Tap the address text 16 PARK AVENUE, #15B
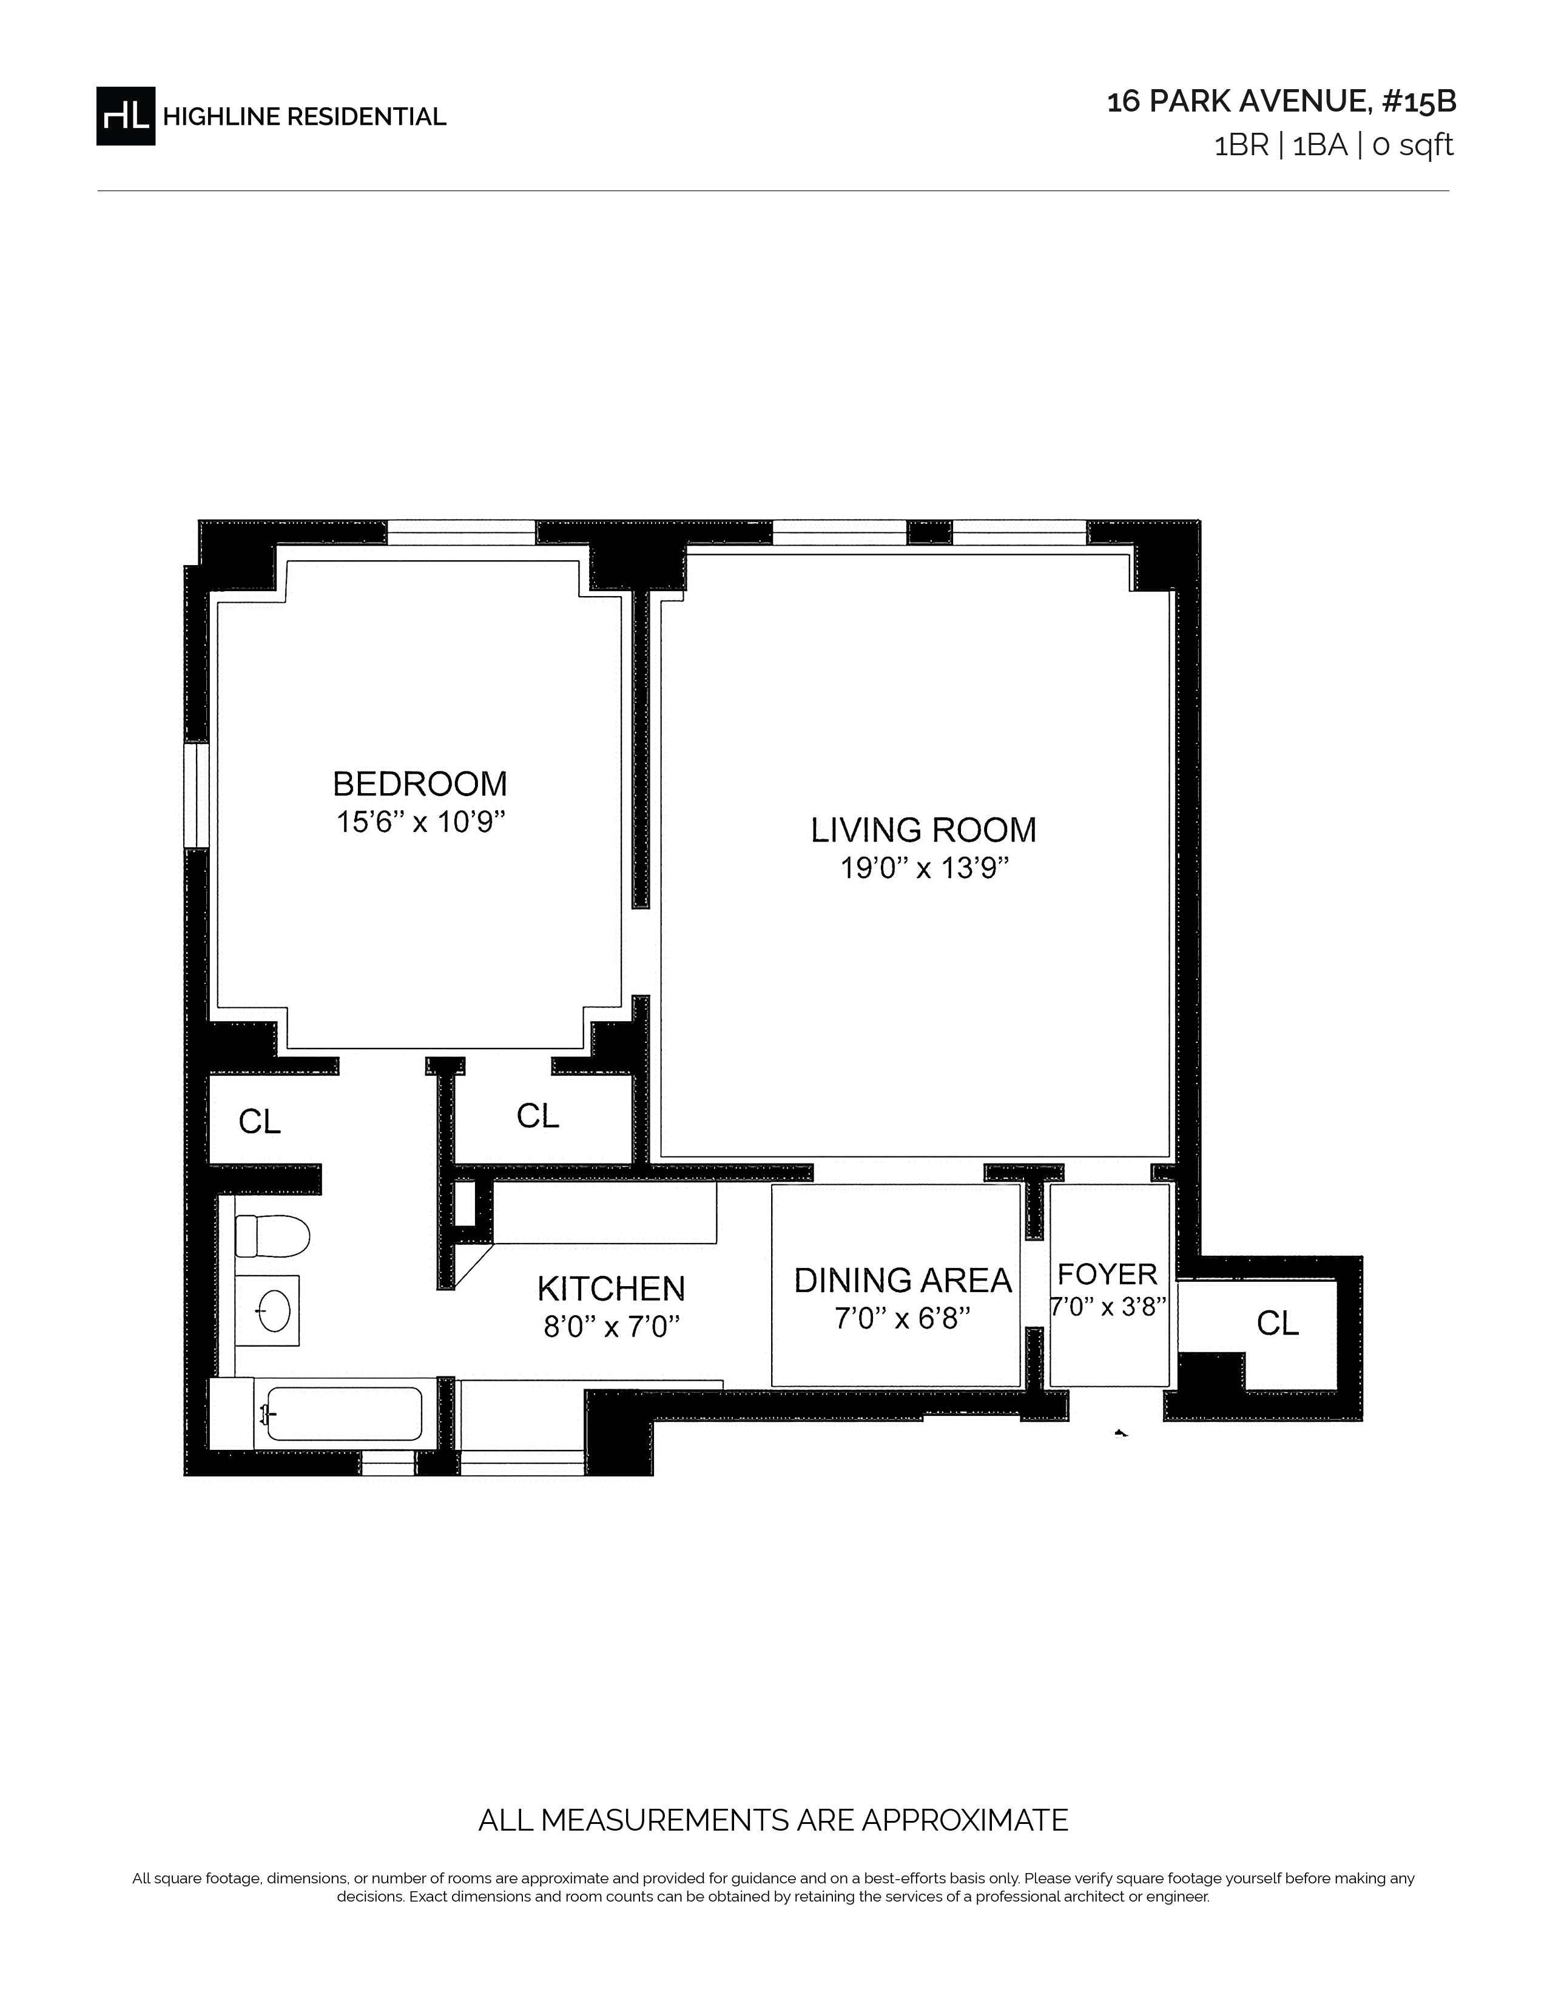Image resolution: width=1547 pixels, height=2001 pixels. coord(1281,102)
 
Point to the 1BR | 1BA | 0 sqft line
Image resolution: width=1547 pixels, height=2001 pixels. coord(1333,146)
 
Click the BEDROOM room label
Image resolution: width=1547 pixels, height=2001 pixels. coord(420,784)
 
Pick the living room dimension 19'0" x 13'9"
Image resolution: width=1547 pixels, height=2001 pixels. coord(925,868)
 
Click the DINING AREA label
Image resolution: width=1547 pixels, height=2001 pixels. coord(903,1281)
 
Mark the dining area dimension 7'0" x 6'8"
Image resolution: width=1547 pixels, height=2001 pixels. coord(902,1318)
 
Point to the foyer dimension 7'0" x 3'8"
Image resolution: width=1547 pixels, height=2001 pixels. coord(1108,1307)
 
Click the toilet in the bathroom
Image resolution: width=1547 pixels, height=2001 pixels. coord(272,1236)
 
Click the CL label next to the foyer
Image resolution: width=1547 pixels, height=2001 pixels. coord(1278,1324)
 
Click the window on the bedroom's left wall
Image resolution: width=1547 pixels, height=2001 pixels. coord(196,796)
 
